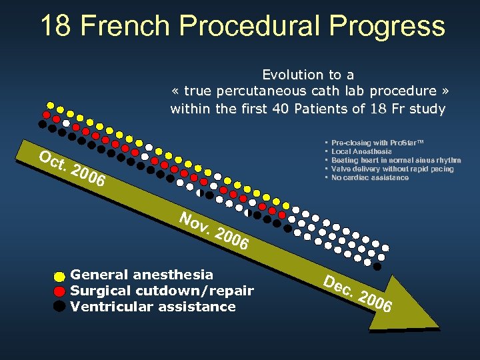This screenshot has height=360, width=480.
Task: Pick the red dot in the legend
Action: pyautogui.click(x=59, y=291)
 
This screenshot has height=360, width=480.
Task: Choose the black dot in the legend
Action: pyautogui.click(x=59, y=306)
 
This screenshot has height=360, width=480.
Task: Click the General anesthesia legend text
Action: pyautogui.click(x=142, y=275)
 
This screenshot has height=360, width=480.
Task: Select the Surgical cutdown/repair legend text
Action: pyautogui.click(x=162, y=291)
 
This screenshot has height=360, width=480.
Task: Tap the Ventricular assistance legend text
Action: pyautogui.click(x=153, y=307)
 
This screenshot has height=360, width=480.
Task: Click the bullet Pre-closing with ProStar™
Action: pyautogui.click(x=377, y=143)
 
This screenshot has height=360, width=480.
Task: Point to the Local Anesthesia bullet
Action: pyautogui.click(x=361, y=151)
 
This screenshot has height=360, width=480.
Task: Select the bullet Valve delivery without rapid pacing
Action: pyautogui.click(x=392, y=169)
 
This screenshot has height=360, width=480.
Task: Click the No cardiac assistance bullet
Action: pyautogui.click(x=370, y=177)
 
